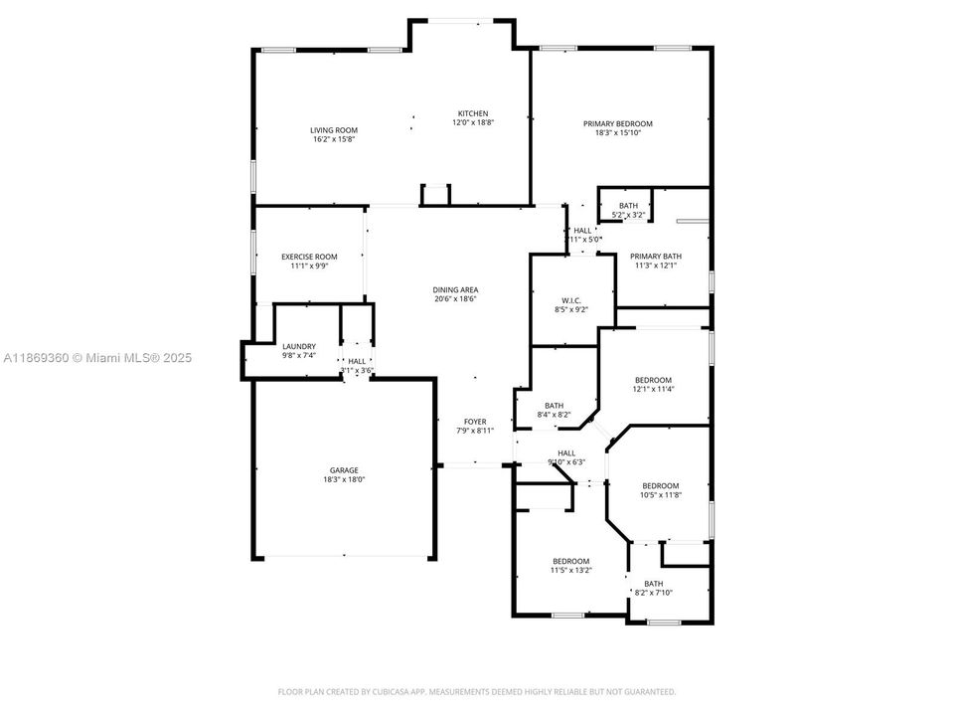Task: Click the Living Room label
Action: pos(333,130)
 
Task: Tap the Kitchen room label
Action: pos(473,113)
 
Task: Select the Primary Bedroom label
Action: pos(617,123)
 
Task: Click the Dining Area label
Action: pos(455,289)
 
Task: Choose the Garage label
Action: pos(344,470)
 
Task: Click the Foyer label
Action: pos(474,422)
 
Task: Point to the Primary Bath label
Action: pos(656,257)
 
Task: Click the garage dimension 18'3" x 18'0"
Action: pos(344,479)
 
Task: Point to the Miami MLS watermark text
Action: pos(96,358)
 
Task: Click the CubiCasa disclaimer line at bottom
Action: pos(476,691)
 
